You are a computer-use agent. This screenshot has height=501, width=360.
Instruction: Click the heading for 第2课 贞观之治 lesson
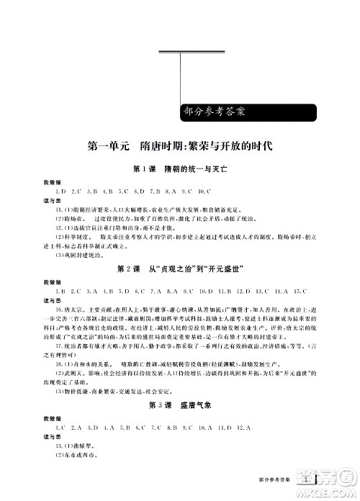point(180,268)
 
